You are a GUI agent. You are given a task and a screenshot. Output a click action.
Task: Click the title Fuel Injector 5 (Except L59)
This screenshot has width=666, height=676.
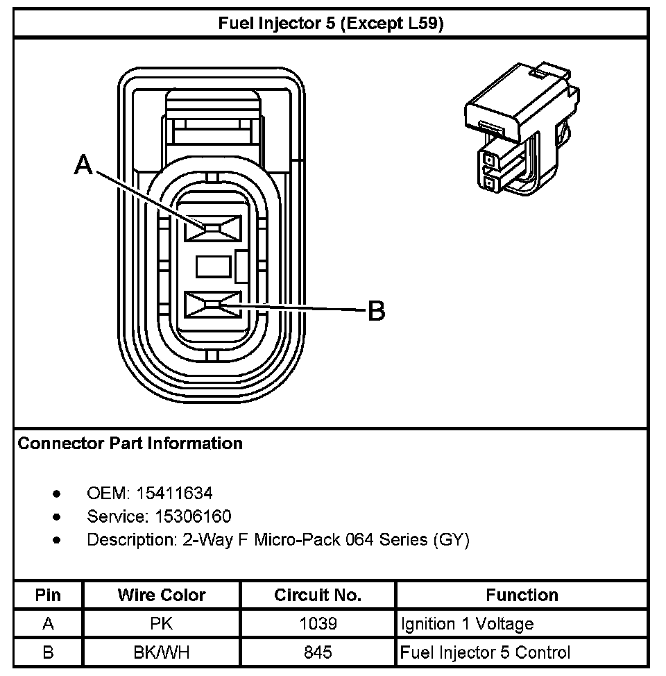point(331,24)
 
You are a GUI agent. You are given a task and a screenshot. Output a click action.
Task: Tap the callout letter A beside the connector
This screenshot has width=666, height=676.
point(83,165)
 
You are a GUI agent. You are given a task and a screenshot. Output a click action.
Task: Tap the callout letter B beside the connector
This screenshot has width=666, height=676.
point(375,312)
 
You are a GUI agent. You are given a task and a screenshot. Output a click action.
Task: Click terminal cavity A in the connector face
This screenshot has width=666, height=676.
point(212,228)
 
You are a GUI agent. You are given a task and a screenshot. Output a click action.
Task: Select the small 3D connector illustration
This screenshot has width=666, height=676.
point(524,128)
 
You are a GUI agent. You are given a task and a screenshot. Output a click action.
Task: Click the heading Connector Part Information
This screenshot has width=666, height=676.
point(130,443)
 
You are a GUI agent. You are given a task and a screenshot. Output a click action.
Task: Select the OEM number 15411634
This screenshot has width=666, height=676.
point(174,493)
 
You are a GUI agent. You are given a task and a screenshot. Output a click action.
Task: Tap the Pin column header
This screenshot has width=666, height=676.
point(48,595)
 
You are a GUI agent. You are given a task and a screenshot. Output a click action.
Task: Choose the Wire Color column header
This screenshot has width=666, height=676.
point(162,595)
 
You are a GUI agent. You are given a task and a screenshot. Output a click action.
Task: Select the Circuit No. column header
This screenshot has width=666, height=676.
point(318,595)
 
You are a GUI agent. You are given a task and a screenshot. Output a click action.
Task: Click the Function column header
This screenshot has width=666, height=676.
point(522,595)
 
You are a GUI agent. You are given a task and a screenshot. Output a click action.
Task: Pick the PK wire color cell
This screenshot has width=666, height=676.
point(162,624)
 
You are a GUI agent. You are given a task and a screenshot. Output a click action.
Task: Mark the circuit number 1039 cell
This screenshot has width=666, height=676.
point(318,624)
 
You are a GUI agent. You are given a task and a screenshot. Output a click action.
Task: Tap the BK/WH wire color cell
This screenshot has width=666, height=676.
point(162,652)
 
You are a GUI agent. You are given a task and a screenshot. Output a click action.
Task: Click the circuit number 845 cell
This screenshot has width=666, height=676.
point(318,652)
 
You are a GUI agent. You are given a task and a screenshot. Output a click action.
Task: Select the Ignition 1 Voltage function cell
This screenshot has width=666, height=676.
point(468,624)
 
